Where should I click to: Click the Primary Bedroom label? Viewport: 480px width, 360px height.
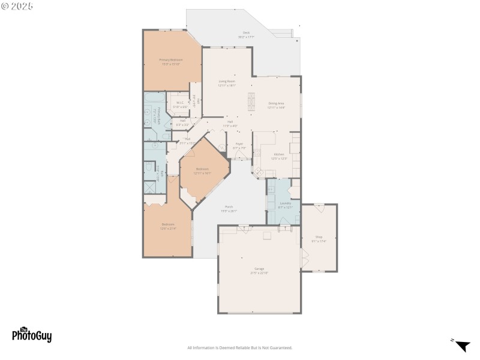171,60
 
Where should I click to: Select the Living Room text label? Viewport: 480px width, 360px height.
226,81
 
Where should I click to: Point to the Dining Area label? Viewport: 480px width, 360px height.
276,103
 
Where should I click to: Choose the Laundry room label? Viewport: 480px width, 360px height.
285,203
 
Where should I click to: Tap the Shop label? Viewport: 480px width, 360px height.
319,237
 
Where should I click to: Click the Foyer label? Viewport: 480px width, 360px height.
239,144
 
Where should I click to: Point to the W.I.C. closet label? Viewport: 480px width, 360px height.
179,103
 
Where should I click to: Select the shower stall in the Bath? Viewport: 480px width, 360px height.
149,187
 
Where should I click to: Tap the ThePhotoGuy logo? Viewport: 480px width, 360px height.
32,335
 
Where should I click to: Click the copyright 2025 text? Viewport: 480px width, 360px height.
18,6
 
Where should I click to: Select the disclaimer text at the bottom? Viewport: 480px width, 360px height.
240,348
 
